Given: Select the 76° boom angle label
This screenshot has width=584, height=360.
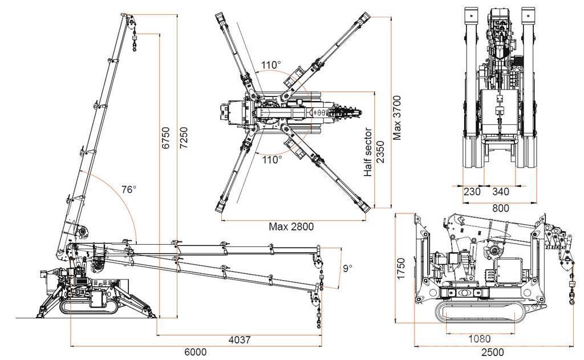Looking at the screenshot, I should click(129, 190).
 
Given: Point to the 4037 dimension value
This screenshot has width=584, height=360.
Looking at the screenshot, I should click(240, 340).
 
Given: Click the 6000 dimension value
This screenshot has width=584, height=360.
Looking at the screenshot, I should click(195, 352).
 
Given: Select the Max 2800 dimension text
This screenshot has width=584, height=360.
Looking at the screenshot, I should click(291, 226).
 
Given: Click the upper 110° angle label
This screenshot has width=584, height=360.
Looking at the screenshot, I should click(271, 64).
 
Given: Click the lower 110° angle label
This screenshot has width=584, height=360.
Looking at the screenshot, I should click(271, 159).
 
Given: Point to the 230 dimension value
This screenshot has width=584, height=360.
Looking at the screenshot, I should click(472, 192).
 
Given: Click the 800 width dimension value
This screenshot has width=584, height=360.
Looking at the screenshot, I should click(501, 208).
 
